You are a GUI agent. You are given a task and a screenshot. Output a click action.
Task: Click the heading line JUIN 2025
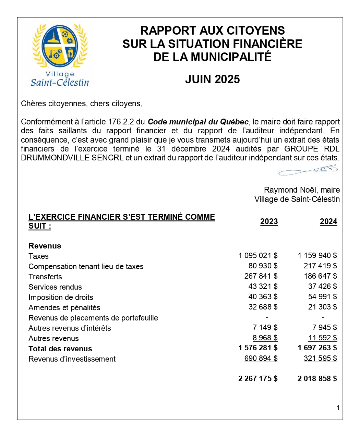tap(212, 80)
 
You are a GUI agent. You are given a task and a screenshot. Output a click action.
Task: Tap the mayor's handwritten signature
tap(308, 170)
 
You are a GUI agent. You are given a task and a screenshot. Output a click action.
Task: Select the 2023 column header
tap(269, 222)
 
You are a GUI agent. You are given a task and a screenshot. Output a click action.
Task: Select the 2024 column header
tap(328, 222)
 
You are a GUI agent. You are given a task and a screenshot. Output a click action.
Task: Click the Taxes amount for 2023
tap(258, 256)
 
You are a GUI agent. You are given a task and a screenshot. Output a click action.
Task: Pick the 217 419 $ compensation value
tap(320, 266)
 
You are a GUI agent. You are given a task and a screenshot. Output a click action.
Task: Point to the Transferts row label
tap(45, 277)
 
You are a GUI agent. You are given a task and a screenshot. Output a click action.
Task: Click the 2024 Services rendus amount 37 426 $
tap(322, 287)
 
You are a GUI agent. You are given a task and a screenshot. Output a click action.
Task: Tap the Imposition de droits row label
tap(61, 298)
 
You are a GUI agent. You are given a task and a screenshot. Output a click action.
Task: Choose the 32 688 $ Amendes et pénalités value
tap(263, 307)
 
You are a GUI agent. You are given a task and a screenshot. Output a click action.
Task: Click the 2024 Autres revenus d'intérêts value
tap(324, 328)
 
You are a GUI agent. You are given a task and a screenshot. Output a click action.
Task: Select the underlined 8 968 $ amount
tap(265, 338)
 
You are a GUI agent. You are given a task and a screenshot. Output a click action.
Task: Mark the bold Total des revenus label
tap(60, 349)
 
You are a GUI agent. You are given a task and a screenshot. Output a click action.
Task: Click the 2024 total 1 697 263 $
tap(317, 348)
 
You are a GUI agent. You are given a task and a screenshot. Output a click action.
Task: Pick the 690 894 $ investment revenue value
tap(261, 359)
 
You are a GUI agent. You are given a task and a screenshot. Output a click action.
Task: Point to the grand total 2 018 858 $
tap(317, 379)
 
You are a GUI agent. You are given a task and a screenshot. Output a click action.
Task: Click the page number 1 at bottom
tap(338, 408)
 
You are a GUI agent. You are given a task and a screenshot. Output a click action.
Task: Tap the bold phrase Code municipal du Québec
tap(198, 122)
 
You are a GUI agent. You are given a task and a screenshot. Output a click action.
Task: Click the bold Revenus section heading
tap(45, 246)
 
